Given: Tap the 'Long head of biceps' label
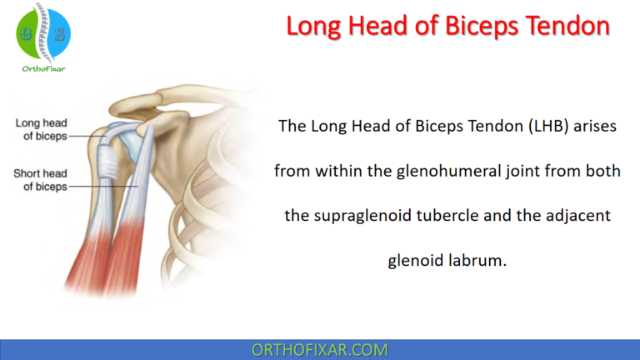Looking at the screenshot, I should pyautogui.click(x=41, y=129).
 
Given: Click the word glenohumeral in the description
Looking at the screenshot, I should pyautogui.click(x=439, y=171).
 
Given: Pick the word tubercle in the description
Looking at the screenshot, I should pyautogui.click(x=462, y=216).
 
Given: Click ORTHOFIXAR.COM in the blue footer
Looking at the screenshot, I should pyautogui.click(x=319, y=350).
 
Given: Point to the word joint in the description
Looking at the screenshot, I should pyautogui.click(x=510, y=171).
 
